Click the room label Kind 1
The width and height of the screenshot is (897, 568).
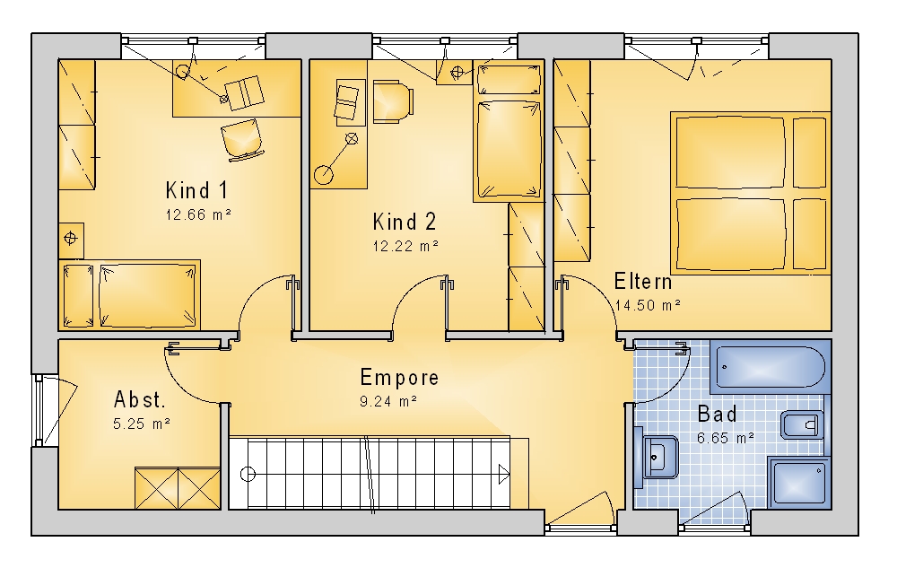[196, 190]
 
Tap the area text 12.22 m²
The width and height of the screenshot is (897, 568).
[405, 246]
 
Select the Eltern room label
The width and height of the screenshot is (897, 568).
[643, 282]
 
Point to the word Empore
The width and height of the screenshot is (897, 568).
[400, 378]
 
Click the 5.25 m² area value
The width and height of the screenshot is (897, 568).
[142, 424]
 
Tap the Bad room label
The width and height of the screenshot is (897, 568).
[718, 415]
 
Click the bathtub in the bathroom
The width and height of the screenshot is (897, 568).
[771, 366]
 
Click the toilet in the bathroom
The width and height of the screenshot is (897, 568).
[803, 424]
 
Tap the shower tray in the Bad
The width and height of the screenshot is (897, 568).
[799, 482]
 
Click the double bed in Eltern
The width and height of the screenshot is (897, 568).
[751, 193]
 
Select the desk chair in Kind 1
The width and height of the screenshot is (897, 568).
[242, 139]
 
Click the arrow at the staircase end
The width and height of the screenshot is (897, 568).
[503, 474]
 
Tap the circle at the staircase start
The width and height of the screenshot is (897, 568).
[248, 474]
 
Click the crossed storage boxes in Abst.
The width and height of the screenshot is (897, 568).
[178, 488]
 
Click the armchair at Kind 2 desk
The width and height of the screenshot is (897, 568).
[393, 101]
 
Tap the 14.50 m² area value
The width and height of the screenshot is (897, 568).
[648, 305]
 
